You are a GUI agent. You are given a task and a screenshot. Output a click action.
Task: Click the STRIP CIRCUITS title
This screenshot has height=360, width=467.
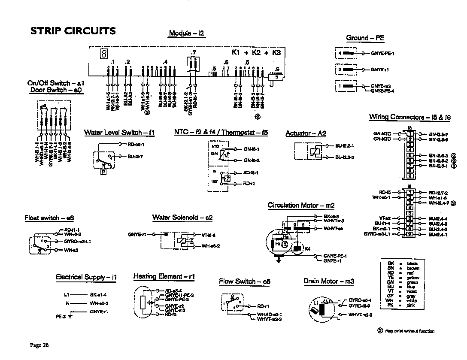click(73, 31)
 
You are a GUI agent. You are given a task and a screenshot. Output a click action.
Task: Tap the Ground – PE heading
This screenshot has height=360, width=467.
click(365, 38)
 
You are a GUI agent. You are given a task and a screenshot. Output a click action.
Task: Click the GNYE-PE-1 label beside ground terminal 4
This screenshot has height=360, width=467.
click(382, 53)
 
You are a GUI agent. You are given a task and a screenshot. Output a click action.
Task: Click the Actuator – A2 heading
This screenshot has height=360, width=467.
click(306, 133)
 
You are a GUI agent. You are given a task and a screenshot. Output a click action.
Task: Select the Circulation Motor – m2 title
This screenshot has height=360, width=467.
click(300, 206)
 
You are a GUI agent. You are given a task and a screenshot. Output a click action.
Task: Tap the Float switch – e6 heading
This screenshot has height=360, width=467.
click(49, 218)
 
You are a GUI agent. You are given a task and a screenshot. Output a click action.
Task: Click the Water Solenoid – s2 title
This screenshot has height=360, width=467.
click(182, 218)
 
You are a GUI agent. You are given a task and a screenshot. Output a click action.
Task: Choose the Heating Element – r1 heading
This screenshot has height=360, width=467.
click(164, 277)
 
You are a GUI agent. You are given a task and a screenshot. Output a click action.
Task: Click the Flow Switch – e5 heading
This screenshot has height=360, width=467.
click(245, 281)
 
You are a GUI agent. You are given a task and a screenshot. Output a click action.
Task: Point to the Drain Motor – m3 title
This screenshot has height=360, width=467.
click(329, 281)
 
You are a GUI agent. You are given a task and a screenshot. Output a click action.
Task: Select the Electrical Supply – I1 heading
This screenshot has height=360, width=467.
click(86, 277)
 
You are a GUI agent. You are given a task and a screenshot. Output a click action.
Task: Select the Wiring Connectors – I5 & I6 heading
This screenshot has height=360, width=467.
click(410, 117)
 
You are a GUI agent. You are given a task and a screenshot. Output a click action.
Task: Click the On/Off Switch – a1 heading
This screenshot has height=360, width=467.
click(56, 83)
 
